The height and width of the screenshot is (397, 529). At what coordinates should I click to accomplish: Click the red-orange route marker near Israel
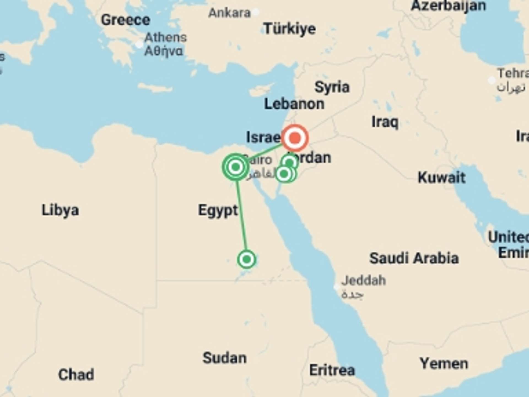coord(295,138)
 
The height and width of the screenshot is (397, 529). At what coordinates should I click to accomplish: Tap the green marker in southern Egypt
coord(247,259)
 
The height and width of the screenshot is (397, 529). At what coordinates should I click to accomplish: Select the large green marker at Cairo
coord(236,167)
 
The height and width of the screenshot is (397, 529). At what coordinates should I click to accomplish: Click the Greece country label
coord(126,20)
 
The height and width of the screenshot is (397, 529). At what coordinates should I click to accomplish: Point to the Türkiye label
coord(290,29)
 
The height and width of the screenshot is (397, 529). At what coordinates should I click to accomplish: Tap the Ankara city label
coord(230,13)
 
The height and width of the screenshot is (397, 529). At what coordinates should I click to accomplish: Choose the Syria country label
coord(332,87)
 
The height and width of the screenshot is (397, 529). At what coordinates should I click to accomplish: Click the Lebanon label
coord(294,104)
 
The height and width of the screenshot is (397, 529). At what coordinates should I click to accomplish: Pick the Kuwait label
coord(441,178)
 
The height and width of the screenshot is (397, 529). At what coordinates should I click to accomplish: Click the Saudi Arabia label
coord(414,258)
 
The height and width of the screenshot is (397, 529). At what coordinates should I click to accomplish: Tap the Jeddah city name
coord(363,281)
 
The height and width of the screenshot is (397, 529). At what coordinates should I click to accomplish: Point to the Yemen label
coord(444,364)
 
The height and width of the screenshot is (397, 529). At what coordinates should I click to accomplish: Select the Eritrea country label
coord(332,370)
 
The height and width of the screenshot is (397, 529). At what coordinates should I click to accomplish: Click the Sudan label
coord(225,358)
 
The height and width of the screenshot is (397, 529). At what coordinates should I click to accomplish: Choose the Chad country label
coord(76,375)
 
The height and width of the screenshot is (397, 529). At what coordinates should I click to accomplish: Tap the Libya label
coord(60,210)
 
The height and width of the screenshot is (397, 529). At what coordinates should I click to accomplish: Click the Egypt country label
coord(218,210)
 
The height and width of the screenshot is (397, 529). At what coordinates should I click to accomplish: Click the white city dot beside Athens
coord(139,44)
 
